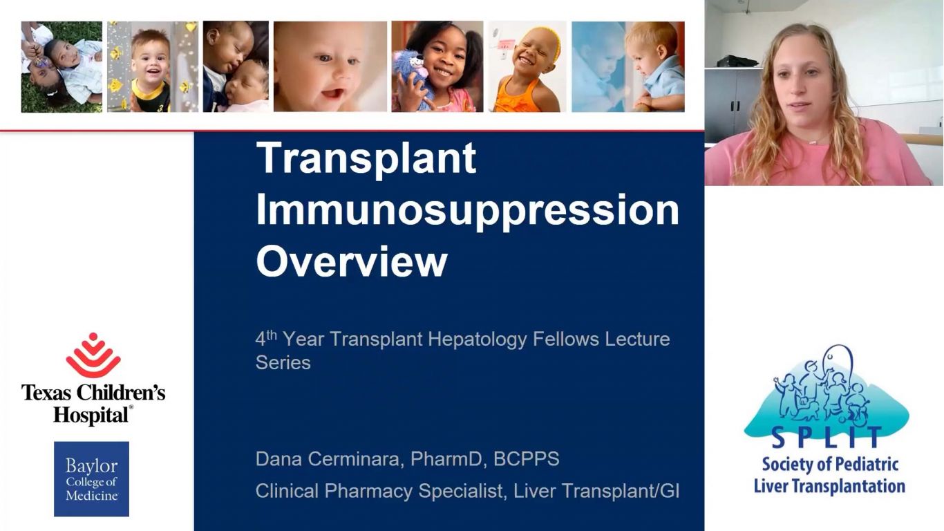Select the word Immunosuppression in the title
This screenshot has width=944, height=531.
tap(467, 210)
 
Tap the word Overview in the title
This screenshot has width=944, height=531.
tap(352, 261)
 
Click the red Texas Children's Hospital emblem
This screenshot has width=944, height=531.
tap(93, 355)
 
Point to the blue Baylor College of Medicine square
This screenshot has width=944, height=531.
tap(91, 479)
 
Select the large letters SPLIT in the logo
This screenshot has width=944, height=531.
tap(827, 437)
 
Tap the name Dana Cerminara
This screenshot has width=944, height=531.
tap(327, 459)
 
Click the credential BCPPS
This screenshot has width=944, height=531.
tap(527, 459)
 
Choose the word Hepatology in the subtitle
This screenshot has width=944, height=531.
tap(477, 339)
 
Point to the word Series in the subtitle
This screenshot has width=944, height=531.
tap(283, 363)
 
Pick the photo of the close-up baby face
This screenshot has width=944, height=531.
tap(330, 66)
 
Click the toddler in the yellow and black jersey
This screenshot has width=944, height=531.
tap(151, 72)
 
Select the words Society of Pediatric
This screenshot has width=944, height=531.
tap(830, 465)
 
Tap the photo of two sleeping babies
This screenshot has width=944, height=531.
tap(236, 66)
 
